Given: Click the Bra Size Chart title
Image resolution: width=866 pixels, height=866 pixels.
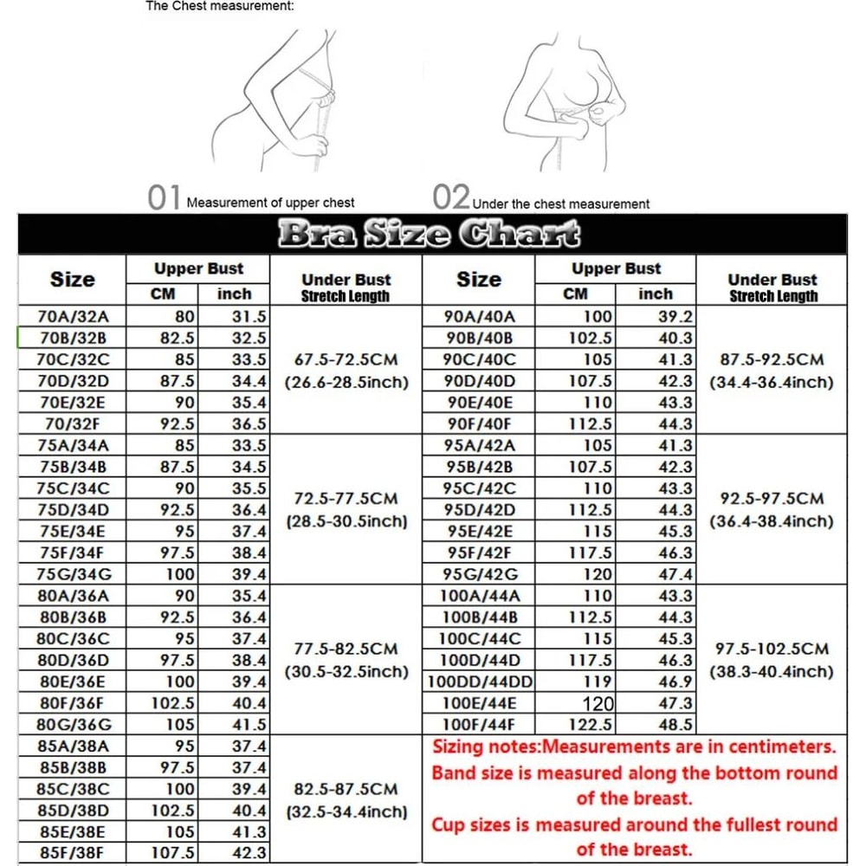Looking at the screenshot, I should (429, 234).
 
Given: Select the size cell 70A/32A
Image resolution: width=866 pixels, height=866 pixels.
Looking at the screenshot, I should (74, 316).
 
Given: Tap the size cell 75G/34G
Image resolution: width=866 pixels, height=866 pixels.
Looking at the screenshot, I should (74, 573).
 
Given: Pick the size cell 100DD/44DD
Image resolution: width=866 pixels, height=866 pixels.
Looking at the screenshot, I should (480, 682).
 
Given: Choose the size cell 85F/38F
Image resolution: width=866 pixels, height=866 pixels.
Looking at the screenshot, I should (74, 853).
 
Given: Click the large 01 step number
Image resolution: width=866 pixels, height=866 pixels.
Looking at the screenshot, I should (165, 198).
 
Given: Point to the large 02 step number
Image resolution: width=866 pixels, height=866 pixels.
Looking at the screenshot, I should (451, 198).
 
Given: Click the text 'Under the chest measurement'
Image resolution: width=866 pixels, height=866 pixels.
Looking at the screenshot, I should (561, 204).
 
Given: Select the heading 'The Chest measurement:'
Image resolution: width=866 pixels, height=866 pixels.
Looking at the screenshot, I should (220, 6).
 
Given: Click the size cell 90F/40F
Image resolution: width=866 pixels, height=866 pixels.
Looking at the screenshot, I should (480, 424).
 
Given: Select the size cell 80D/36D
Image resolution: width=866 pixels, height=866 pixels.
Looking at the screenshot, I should (74, 660).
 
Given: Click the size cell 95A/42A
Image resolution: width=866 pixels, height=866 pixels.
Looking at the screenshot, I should (480, 445).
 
